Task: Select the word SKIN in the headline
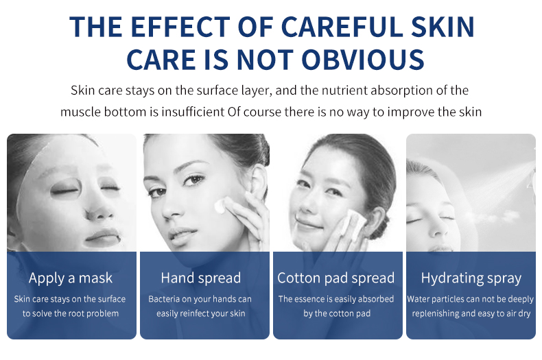click(x=443, y=27)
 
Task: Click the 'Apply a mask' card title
click(x=71, y=278)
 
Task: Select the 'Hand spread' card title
click(x=201, y=278)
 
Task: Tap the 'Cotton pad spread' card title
click(x=336, y=278)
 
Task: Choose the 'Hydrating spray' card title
click(x=471, y=278)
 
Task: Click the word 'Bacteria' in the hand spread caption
click(x=162, y=299)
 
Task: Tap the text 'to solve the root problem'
click(x=71, y=313)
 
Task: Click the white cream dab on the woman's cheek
click(x=220, y=206)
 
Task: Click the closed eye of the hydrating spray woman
click(x=414, y=220)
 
